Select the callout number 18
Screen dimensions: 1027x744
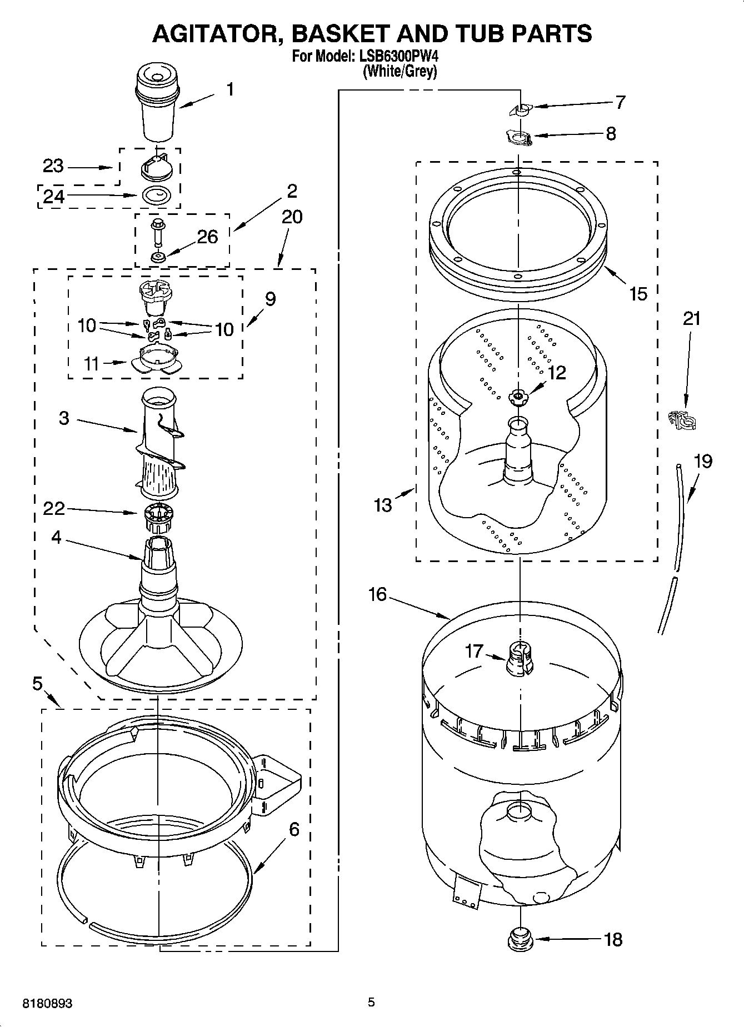click(x=613, y=940)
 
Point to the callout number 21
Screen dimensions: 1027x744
click(x=692, y=319)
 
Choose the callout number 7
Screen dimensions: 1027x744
click(x=621, y=102)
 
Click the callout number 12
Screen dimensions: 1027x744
click(x=556, y=373)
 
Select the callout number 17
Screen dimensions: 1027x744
click(x=474, y=651)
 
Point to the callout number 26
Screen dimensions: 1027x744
click(x=207, y=237)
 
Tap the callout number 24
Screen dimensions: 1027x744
click(x=54, y=196)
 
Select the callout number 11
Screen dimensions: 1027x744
click(x=92, y=364)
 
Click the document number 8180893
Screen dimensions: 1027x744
click(x=47, y=1003)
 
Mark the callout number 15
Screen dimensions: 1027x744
click(x=638, y=293)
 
